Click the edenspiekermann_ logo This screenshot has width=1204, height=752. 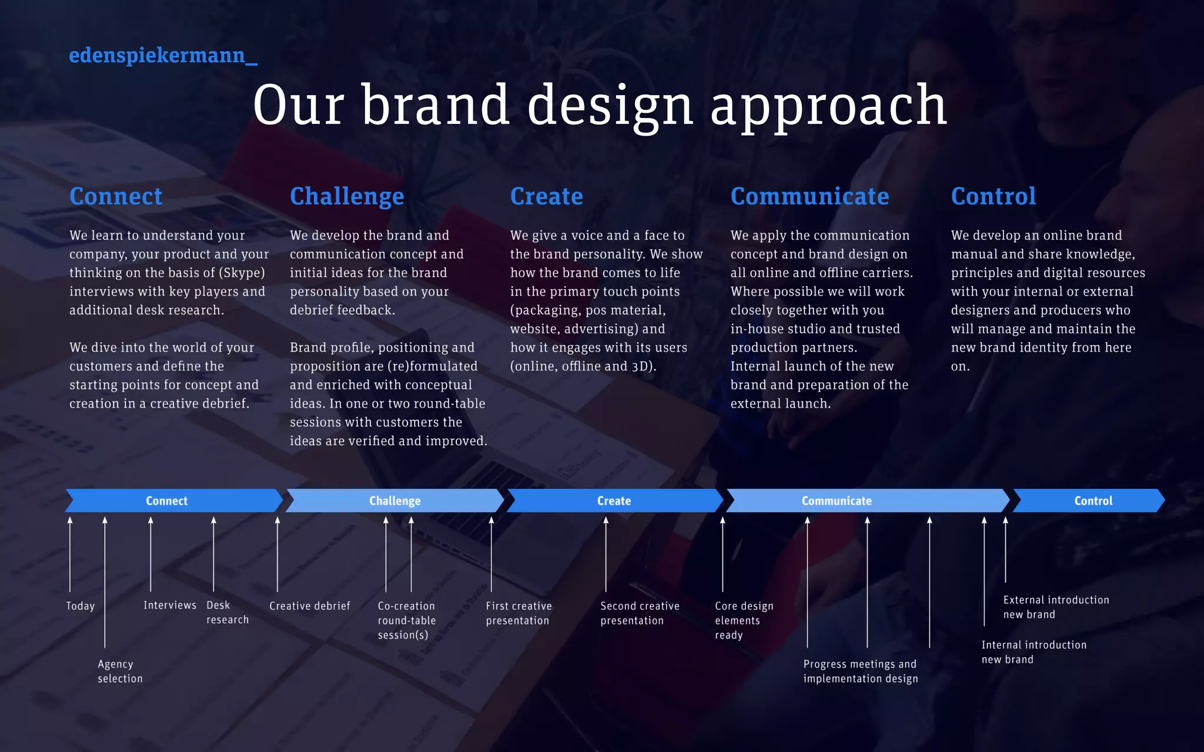tap(163, 55)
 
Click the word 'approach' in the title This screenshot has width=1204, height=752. tap(828, 106)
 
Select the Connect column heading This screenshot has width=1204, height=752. tap(116, 196)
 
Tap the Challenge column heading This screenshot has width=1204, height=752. tap(347, 196)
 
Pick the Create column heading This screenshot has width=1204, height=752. tap(546, 196)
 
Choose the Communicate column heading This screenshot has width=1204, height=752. tap(810, 196)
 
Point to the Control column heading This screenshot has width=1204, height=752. tap(993, 196)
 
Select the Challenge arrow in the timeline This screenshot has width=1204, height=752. tap(394, 501)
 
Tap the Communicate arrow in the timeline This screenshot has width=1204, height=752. tap(837, 501)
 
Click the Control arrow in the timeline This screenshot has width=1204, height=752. tap(1093, 501)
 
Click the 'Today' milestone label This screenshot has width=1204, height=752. tap(80, 606)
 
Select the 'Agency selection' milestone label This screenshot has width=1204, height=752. tap(120, 671)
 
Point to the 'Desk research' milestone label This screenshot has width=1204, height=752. tap(227, 612)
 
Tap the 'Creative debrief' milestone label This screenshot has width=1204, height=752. tap(309, 606)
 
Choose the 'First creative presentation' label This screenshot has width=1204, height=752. tap(519, 613)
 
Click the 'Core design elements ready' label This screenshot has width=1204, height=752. tap(744, 620)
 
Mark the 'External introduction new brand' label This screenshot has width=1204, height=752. tap(1056, 607)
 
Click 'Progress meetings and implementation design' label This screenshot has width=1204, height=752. tap(860, 671)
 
